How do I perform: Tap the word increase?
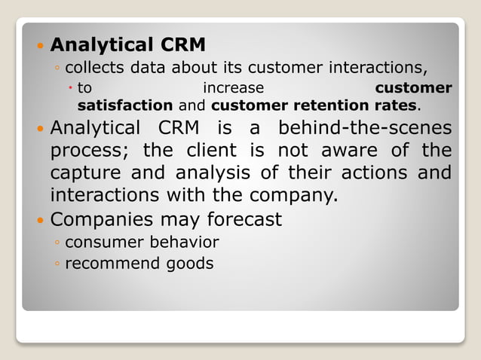[234, 88]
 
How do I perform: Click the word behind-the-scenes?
[375, 127]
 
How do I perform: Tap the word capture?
[85, 174]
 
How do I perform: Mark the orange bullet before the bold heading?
[41, 47]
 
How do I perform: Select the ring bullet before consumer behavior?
[57, 243]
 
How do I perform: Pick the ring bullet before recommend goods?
[57, 264]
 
